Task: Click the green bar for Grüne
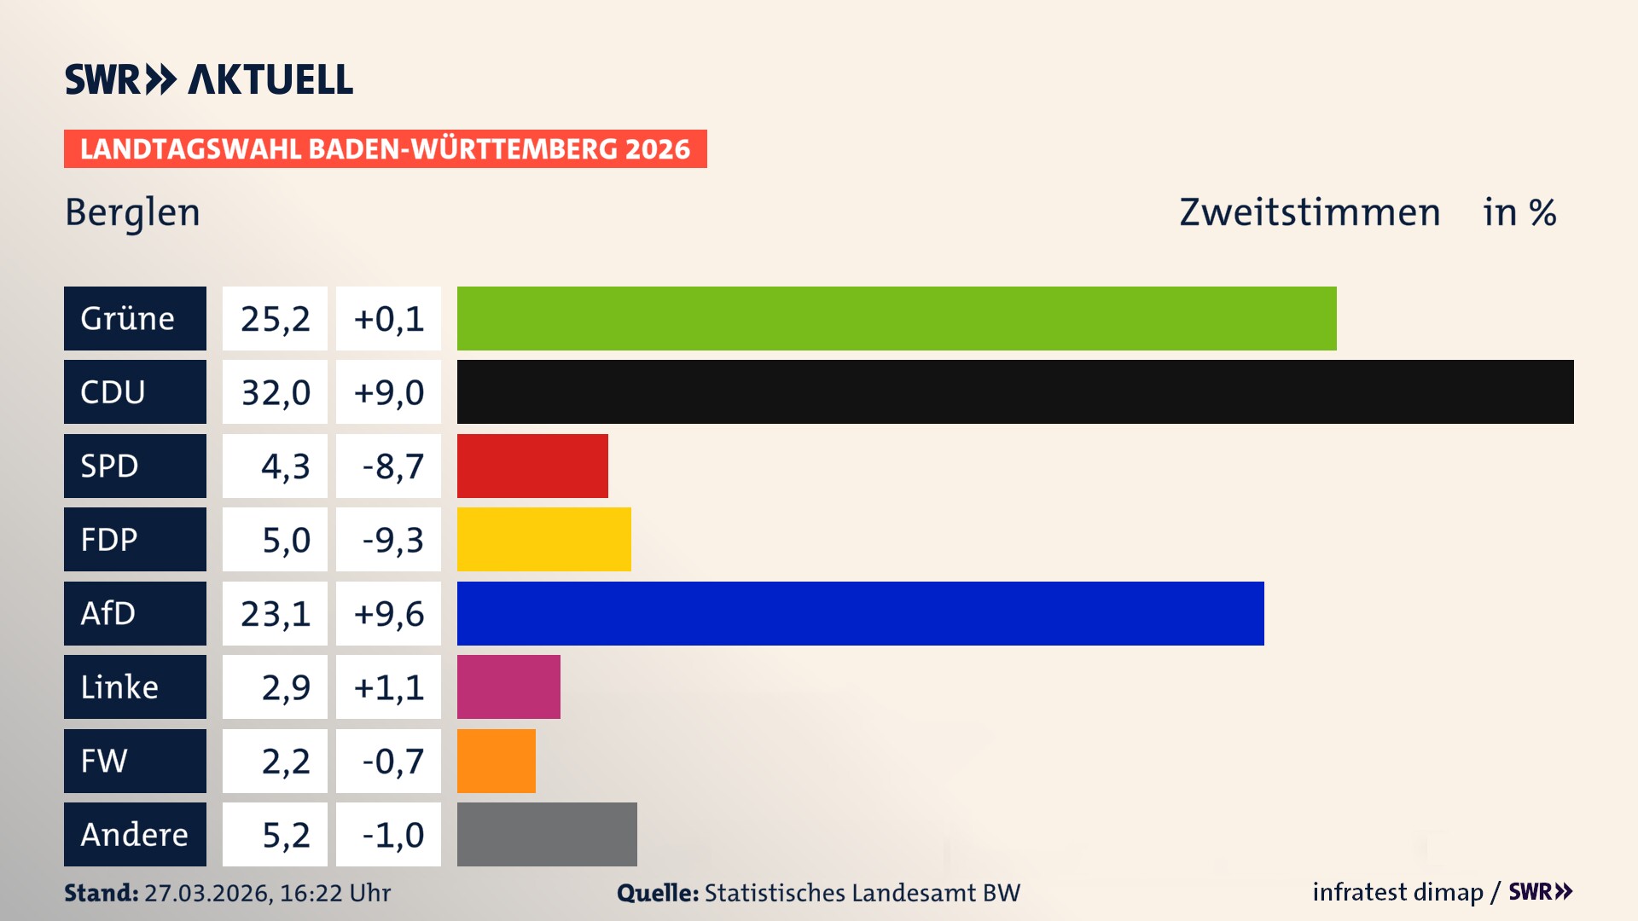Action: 896,318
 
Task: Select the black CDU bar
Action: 1015,391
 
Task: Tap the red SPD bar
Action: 532,466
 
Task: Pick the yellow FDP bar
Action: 543,539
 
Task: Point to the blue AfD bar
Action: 860,613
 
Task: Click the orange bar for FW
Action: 496,761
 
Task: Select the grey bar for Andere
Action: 547,834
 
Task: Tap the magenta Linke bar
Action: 508,686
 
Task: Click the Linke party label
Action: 135,686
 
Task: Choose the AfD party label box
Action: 135,613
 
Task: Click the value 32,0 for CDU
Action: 275,392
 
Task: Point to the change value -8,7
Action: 389,466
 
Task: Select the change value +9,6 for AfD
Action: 389,614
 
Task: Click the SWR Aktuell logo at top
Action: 209,79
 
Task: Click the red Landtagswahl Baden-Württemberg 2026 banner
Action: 385,148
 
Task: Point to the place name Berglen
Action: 132,212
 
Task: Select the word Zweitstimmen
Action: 1310,212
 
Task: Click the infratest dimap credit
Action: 1397,892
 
